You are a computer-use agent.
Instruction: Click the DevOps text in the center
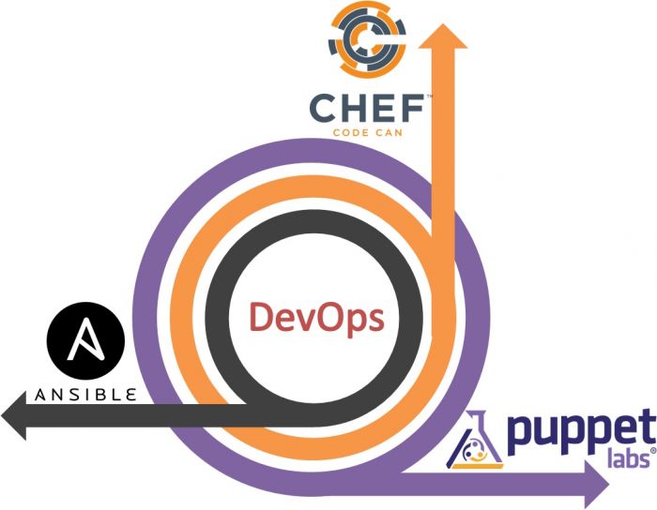point(315,318)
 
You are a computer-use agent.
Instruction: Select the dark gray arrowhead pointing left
point(16,416)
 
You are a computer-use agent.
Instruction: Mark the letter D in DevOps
point(260,318)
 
